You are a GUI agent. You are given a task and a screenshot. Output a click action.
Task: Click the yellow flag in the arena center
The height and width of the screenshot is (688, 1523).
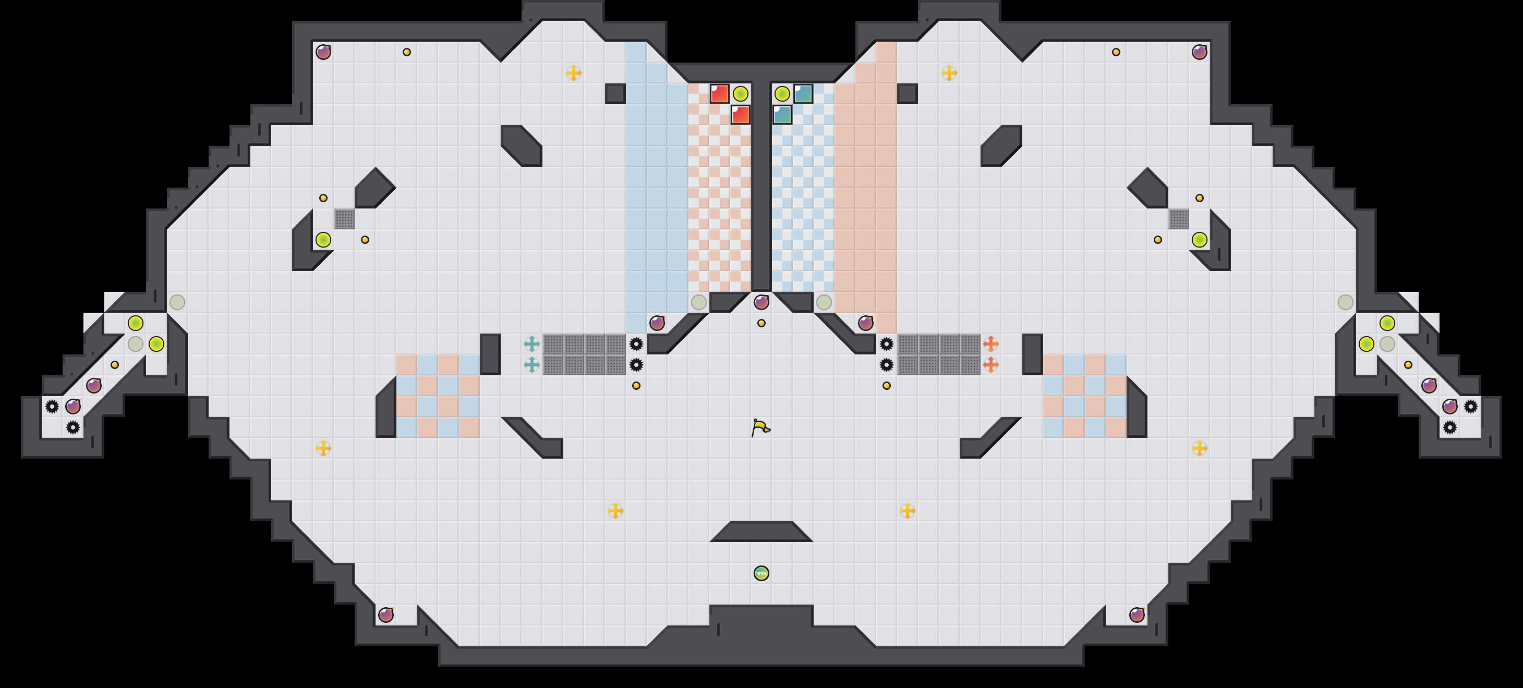click(x=760, y=427)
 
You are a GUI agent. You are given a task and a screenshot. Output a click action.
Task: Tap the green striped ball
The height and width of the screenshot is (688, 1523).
click(x=761, y=573)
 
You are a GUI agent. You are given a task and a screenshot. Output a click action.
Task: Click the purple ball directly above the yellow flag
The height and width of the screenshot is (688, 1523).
click(x=761, y=302)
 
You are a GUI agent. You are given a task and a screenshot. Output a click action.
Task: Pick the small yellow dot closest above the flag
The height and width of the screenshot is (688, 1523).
click(x=761, y=323)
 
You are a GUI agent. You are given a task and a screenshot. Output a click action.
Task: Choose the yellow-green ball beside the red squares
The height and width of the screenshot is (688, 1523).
click(x=740, y=93)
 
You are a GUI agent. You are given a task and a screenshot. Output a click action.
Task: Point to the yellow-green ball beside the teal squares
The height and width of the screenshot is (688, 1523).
click(x=782, y=93)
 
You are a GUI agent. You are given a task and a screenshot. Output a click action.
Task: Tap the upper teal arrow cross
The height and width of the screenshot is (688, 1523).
click(x=531, y=343)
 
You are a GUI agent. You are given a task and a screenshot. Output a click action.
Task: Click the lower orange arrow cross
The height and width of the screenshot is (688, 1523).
click(x=991, y=365)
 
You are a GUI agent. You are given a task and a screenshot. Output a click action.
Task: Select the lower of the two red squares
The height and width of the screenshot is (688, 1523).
click(x=740, y=115)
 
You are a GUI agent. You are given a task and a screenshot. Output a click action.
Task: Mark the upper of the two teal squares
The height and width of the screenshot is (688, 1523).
click(x=803, y=93)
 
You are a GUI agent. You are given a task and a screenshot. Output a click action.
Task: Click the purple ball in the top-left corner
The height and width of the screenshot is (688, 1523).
click(x=323, y=52)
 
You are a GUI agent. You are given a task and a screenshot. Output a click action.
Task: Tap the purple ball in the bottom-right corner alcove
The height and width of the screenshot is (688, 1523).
click(x=1137, y=615)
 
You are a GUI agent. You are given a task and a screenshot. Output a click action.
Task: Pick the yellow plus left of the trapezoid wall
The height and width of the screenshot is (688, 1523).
click(x=615, y=510)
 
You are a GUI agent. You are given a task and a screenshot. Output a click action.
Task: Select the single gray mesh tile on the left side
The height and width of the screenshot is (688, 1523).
click(x=344, y=219)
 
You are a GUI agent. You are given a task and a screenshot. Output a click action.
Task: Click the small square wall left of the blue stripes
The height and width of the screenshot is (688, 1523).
click(x=615, y=93)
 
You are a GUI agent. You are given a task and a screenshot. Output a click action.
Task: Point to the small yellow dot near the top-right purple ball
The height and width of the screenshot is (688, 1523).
click(x=1116, y=52)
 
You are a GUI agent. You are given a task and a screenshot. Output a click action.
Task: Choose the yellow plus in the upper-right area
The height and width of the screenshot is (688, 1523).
click(x=949, y=72)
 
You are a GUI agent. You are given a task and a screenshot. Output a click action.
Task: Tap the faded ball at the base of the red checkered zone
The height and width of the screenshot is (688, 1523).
click(x=699, y=302)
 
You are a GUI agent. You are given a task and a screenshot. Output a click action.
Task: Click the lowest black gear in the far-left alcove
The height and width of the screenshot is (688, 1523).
click(x=72, y=427)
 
